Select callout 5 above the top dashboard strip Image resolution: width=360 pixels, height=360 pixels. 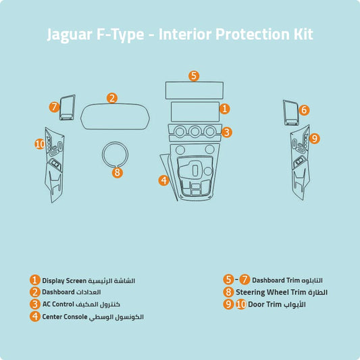[194, 76]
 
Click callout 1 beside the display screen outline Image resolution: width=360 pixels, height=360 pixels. [225, 108]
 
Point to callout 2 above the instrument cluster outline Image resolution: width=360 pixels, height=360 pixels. [112, 98]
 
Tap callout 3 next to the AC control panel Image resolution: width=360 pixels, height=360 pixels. [227, 132]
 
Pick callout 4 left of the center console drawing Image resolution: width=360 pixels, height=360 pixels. [163, 180]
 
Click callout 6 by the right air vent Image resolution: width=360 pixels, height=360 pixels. [304, 109]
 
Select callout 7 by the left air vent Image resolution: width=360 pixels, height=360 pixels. [55, 107]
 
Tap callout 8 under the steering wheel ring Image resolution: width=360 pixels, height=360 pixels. [118, 172]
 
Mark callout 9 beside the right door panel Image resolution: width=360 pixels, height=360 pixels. [314, 138]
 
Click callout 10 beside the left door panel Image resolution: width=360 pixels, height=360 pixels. [40, 144]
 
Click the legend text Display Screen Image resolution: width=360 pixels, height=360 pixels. [63, 280]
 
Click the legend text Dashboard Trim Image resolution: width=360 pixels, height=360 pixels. [276, 280]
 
